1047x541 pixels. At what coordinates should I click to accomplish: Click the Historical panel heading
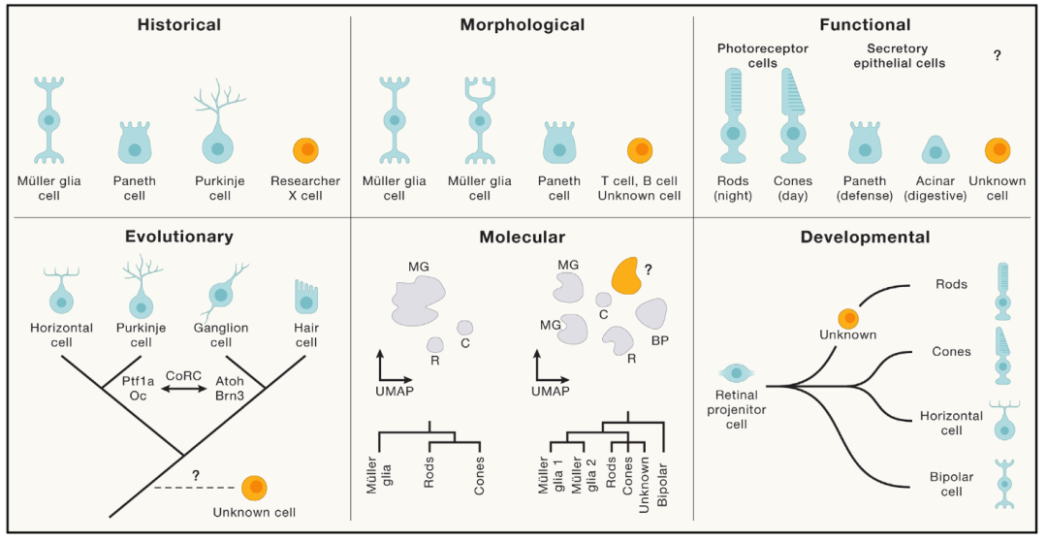coord(178,24)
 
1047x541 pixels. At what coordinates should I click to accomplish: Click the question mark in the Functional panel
coord(997,56)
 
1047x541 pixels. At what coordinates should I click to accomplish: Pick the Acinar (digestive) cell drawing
coord(935,148)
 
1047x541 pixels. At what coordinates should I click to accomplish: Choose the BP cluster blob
coord(651,314)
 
